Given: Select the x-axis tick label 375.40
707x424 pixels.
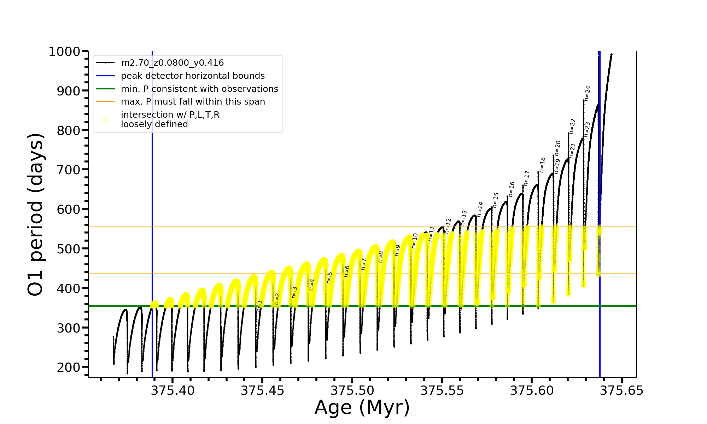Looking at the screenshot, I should (173, 390).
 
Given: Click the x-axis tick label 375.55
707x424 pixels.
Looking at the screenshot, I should (442, 390).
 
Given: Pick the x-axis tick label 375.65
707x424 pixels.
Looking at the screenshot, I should (621, 390).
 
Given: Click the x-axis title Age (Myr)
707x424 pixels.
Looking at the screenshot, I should (362, 407).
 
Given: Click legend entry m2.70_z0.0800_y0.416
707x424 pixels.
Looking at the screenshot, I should (172, 63).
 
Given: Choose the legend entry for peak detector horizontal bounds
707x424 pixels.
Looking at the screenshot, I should (193, 76).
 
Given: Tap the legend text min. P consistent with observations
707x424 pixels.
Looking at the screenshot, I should (199, 89).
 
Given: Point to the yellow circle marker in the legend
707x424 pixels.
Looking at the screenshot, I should (105, 120).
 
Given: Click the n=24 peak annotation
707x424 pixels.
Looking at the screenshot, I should (588, 93).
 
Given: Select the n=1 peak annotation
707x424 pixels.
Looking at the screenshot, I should (260, 306).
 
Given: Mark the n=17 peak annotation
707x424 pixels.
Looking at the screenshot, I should (527, 178).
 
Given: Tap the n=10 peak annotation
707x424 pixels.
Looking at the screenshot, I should (415, 241).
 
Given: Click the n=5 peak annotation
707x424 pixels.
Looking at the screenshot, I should (329, 277).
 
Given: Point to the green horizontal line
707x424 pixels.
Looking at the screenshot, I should (353, 306).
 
